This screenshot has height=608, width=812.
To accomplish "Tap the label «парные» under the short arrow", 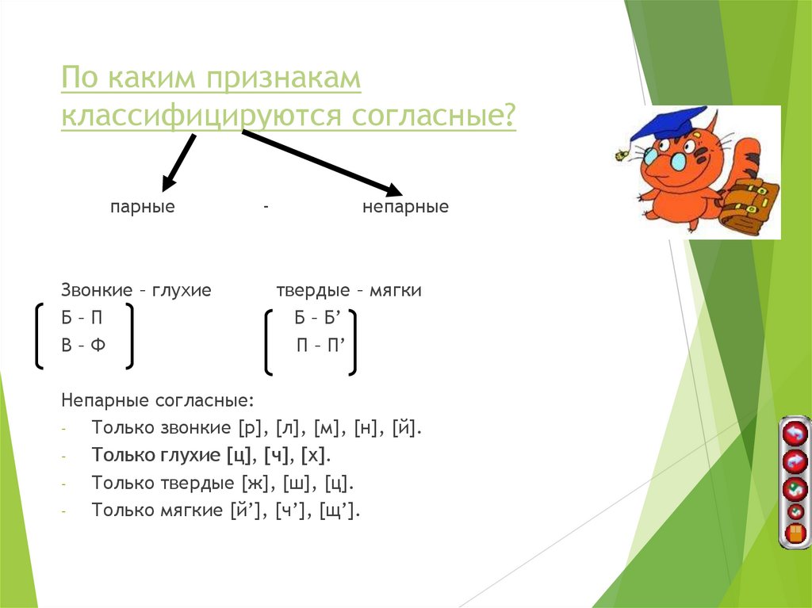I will pyautogui.click(x=142, y=208).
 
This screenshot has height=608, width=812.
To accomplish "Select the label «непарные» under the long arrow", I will pyautogui.click(x=405, y=208).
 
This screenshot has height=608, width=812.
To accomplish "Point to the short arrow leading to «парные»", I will pyautogui.click(x=178, y=163).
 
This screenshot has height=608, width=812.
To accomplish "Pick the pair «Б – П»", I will pyautogui.click(x=82, y=319).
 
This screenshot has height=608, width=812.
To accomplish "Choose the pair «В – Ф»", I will pyautogui.click(x=83, y=346).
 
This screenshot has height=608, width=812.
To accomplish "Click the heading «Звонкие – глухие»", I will pyautogui.click(x=136, y=291).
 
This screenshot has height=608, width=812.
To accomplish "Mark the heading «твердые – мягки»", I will pyautogui.click(x=349, y=291).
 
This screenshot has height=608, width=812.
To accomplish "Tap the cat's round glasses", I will pyautogui.click(x=675, y=159).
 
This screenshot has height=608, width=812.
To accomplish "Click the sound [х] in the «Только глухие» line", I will pyautogui.click(x=315, y=456).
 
